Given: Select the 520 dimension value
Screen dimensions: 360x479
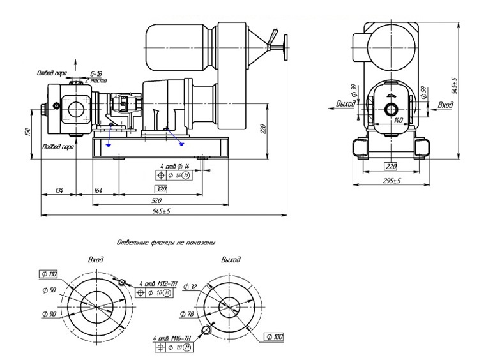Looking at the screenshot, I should [x=159, y=200].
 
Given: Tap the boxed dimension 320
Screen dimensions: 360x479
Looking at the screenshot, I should [x=162, y=190].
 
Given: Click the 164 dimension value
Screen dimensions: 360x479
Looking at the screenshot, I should [x=98, y=190].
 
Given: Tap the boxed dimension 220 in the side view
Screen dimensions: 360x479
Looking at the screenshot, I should [x=392, y=166].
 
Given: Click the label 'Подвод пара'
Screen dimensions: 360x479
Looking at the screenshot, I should [x=56, y=146].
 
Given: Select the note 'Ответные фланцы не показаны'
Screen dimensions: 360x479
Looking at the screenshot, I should [x=165, y=243].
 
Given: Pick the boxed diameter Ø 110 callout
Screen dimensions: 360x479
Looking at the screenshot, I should [x=49, y=274].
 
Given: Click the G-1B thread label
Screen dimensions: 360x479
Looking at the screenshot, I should [x=96, y=74].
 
